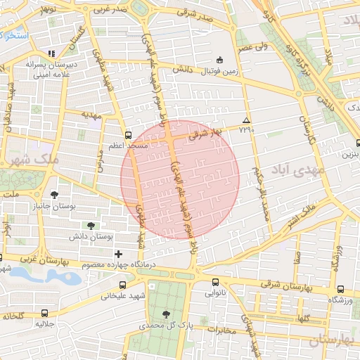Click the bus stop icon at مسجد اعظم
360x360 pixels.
127,135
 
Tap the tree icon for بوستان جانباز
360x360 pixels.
55,195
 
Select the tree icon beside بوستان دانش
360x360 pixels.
92,226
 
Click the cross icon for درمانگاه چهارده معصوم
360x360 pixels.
118,253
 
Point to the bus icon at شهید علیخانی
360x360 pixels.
124,285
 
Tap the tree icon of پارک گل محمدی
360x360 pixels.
166,314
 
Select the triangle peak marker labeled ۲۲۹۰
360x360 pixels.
245,120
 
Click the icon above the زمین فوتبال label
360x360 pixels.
219,60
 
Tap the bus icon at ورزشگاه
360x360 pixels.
341,289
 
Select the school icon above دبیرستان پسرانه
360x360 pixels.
50,53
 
